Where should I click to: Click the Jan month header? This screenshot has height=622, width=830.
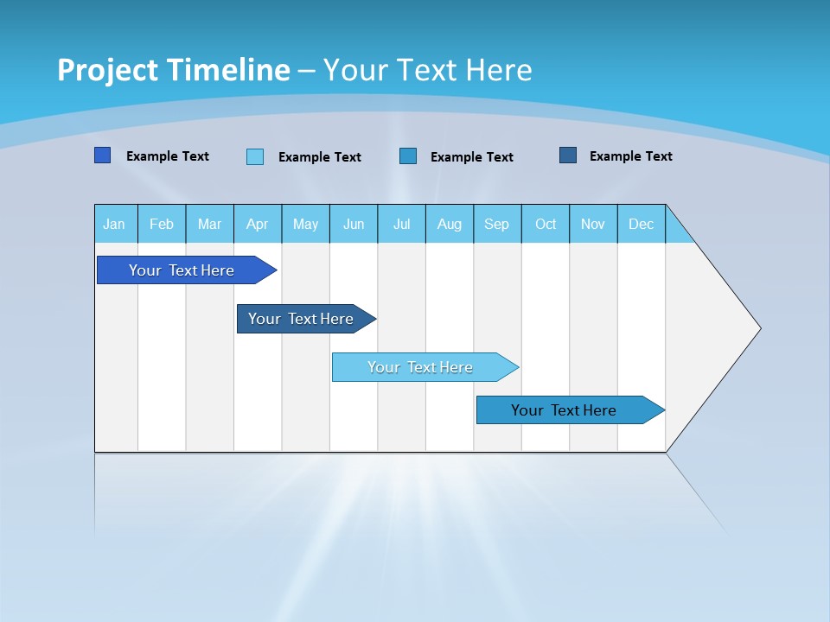pos(114,224)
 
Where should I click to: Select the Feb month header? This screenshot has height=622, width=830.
pos(162,224)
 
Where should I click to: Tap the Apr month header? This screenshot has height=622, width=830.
pos(257,224)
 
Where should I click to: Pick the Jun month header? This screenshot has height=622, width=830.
pos(354,224)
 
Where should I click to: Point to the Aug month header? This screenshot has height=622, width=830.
pos(449,224)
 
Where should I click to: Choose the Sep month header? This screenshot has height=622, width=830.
pos(496,224)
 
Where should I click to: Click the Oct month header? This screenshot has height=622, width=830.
pos(546,224)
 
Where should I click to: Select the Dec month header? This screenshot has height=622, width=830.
pos(641,224)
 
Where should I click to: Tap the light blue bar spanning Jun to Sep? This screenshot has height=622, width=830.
pos(421,367)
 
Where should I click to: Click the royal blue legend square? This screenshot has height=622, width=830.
pos(103,155)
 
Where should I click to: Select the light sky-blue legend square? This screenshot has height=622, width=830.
pos(255,156)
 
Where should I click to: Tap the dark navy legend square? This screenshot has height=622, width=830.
pos(568,155)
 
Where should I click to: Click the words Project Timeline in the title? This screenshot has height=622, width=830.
pos(173,70)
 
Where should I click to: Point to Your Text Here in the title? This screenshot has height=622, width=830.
pos(427,70)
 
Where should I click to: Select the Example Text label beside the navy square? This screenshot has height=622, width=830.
pos(630,156)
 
